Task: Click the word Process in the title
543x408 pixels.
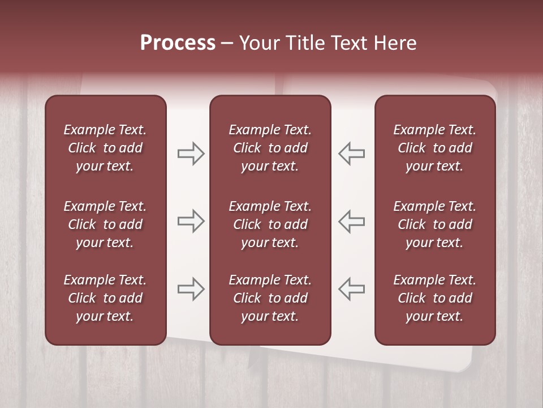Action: [x=178, y=43]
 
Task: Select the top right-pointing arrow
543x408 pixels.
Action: [x=191, y=154]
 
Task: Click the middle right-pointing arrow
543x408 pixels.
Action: [x=191, y=221]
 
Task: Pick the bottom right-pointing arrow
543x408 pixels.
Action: [x=191, y=289]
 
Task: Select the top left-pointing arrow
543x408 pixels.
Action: [x=352, y=154]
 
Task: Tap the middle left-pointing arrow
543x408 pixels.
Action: [x=352, y=221]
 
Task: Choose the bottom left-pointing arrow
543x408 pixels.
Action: [x=352, y=289]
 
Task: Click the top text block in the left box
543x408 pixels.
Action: [x=105, y=148]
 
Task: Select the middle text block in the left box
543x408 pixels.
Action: [x=105, y=224]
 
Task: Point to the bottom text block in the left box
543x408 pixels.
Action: [x=105, y=298]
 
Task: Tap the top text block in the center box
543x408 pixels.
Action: [x=270, y=148]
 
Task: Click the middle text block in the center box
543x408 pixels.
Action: [x=270, y=224]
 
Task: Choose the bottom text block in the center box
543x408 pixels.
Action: [x=270, y=298]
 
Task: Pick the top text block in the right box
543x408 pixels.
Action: [x=434, y=148]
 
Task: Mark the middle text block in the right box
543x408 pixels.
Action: [x=434, y=224]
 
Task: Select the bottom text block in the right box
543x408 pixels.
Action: [x=434, y=298]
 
